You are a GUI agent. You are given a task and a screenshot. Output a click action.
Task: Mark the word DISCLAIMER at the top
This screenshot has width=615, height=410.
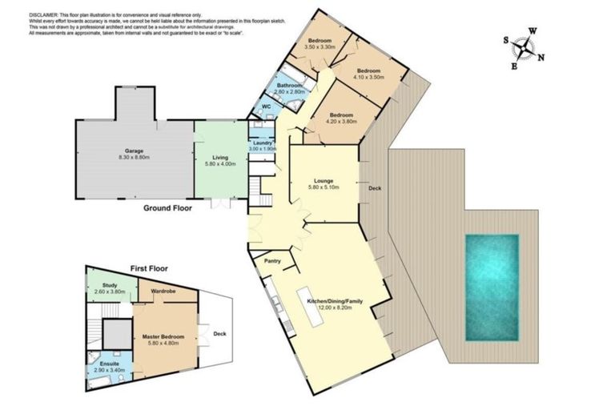[46, 8]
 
